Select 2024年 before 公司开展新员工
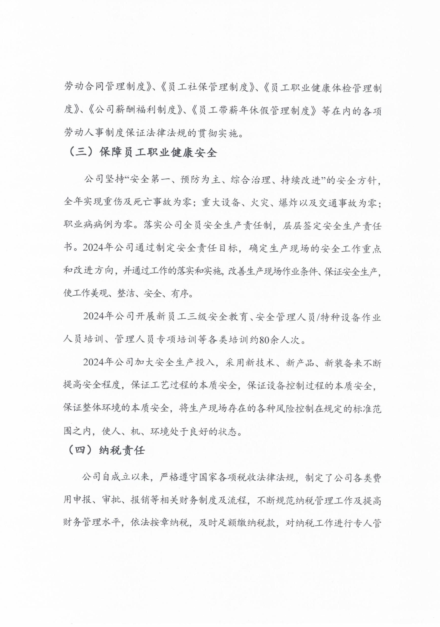[98, 317]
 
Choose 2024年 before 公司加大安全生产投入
[98, 363]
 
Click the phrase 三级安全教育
[213, 317]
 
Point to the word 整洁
[126, 294]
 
